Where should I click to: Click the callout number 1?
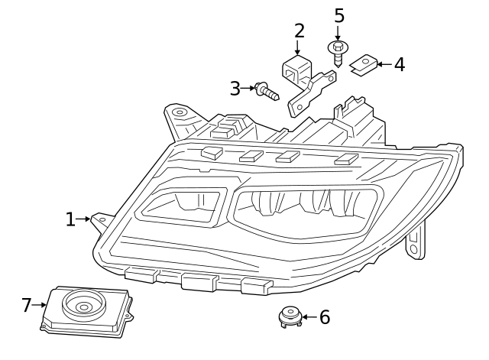(x=70, y=220)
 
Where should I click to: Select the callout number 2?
(x=299, y=31)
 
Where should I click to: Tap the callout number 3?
(x=235, y=89)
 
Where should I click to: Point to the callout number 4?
(x=399, y=64)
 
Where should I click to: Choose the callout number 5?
(x=338, y=16)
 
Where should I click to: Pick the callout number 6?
(x=324, y=317)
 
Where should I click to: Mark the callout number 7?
(x=27, y=306)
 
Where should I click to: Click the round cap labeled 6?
(x=290, y=315)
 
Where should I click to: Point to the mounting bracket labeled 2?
(x=306, y=80)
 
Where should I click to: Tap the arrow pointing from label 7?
(x=40, y=306)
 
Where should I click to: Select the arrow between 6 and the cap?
(x=306, y=316)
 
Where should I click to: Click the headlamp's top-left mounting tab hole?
(x=179, y=112)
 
